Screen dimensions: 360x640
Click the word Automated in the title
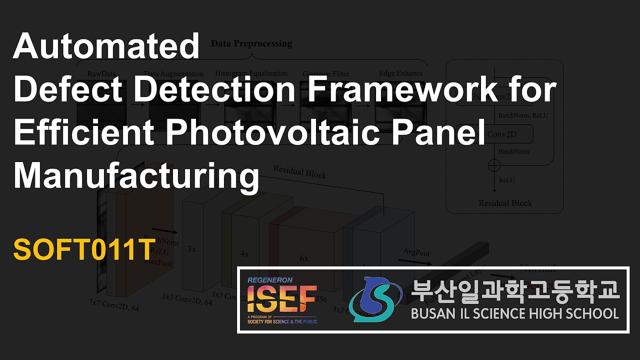[x=106, y=46]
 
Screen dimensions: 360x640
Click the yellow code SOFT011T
[x=82, y=250]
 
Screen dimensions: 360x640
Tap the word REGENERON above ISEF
[x=270, y=280]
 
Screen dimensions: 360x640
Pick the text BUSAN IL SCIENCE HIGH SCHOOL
[x=515, y=314]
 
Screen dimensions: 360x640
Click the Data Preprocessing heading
[x=251, y=43]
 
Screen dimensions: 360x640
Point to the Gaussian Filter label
[x=325, y=74]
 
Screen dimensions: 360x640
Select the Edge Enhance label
[x=401, y=73]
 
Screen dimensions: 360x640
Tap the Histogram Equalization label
[x=251, y=73]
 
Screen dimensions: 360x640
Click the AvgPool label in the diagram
[x=416, y=253]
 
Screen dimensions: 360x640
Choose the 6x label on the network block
[x=304, y=259]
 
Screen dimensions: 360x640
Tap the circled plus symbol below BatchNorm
[x=494, y=164]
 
